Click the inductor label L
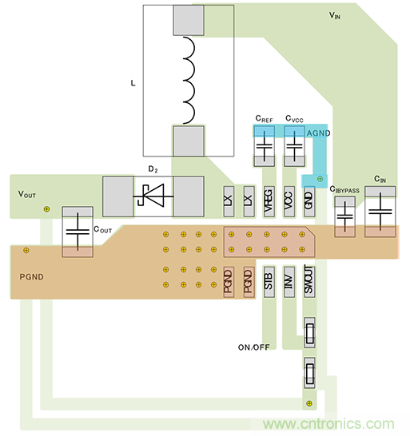point(133,82)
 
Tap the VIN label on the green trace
point(340,15)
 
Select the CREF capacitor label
point(264,120)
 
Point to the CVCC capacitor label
point(295,120)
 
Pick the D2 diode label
point(153,169)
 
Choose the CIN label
point(380,179)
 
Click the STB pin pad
point(269,280)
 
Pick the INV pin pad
point(289,280)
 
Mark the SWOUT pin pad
point(309,280)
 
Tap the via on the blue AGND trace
point(320,179)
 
